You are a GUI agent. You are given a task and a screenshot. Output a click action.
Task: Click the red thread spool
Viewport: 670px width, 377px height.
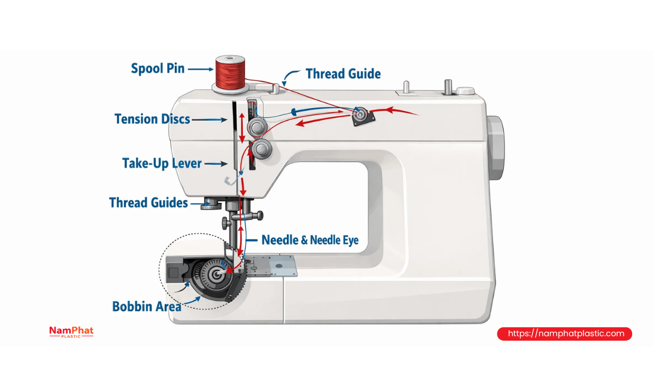230,73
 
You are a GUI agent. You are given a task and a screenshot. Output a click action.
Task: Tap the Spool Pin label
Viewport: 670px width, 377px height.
157,69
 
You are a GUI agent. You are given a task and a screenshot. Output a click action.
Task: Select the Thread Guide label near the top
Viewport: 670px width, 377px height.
343,74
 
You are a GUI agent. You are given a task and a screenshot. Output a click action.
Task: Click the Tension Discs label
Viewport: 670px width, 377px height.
152,119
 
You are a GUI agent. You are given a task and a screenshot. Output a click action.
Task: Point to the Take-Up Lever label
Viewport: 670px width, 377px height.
162,164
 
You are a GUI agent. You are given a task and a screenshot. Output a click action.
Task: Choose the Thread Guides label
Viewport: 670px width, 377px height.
149,203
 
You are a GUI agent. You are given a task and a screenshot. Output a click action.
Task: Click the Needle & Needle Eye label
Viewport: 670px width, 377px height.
310,240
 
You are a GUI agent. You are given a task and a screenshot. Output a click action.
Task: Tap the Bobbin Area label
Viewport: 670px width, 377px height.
146,307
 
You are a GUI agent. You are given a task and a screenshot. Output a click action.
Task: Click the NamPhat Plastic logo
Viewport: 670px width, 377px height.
71,332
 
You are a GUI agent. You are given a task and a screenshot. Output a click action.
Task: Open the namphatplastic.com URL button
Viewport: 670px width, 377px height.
564,333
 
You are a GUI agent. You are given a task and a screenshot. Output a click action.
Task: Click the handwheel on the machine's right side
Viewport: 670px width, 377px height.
496,148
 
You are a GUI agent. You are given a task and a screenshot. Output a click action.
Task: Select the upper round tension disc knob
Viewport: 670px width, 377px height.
257,127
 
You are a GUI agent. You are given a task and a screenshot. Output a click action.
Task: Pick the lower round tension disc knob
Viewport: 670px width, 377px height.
262,149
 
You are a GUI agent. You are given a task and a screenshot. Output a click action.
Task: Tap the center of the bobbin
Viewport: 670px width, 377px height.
216,274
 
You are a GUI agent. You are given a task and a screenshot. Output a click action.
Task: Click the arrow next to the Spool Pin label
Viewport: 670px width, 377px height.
200,69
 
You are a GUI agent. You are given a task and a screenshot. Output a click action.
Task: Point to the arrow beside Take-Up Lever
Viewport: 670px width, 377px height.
216,164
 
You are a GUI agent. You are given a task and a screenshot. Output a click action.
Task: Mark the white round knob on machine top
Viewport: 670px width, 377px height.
466,90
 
